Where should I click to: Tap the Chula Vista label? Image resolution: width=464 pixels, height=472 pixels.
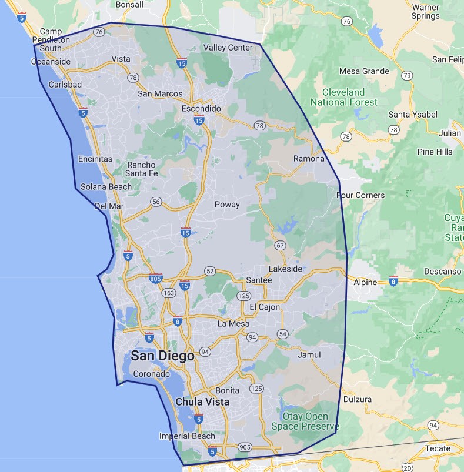click(x=202, y=402)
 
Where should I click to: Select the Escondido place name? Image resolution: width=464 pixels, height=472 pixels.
click(x=201, y=109)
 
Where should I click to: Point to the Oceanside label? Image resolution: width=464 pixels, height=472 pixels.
click(x=51, y=61)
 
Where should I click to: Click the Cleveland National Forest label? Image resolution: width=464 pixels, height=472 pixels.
click(x=344, y=97)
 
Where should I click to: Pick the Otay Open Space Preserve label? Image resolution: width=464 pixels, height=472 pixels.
click(x=305, y=421)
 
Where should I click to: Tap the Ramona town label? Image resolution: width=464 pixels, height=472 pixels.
click(x=309, y=159)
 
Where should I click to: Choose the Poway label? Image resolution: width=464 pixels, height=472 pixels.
click(x=227, y=205)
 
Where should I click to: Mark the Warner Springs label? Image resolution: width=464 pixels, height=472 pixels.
click(x=426, y=11)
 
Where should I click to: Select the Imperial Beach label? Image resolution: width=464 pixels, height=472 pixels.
click(x=187, y=436)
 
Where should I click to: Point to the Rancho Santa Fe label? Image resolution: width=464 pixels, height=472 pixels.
click(x=142, y=169)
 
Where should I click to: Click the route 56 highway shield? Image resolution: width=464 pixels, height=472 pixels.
click(x=155, y=202)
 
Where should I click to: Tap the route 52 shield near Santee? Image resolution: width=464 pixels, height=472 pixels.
click(x=211, y=271)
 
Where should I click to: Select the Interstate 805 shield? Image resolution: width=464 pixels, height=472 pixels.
click(x=156, y=277)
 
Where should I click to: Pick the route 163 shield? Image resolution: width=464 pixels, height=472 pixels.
click(x=169, y=292)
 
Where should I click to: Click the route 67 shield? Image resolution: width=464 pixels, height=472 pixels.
click(x=279, y=245)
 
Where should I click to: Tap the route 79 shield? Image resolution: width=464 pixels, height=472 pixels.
click(x=406, y=76)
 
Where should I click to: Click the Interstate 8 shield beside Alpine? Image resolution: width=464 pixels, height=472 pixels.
click(x=393, y=282)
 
